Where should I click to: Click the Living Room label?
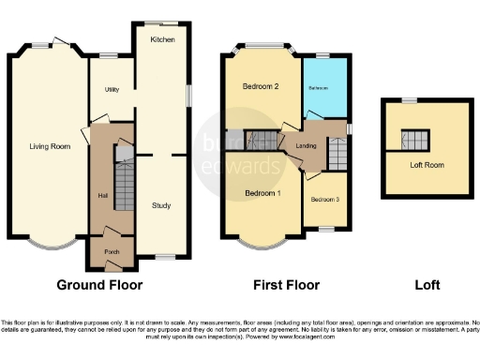tap(49, 146)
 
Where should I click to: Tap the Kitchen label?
tap(164, 40)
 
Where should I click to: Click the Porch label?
tap(112, 252)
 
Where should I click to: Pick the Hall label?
tap(102, 195)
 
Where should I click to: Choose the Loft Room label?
tap(427, 164)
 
